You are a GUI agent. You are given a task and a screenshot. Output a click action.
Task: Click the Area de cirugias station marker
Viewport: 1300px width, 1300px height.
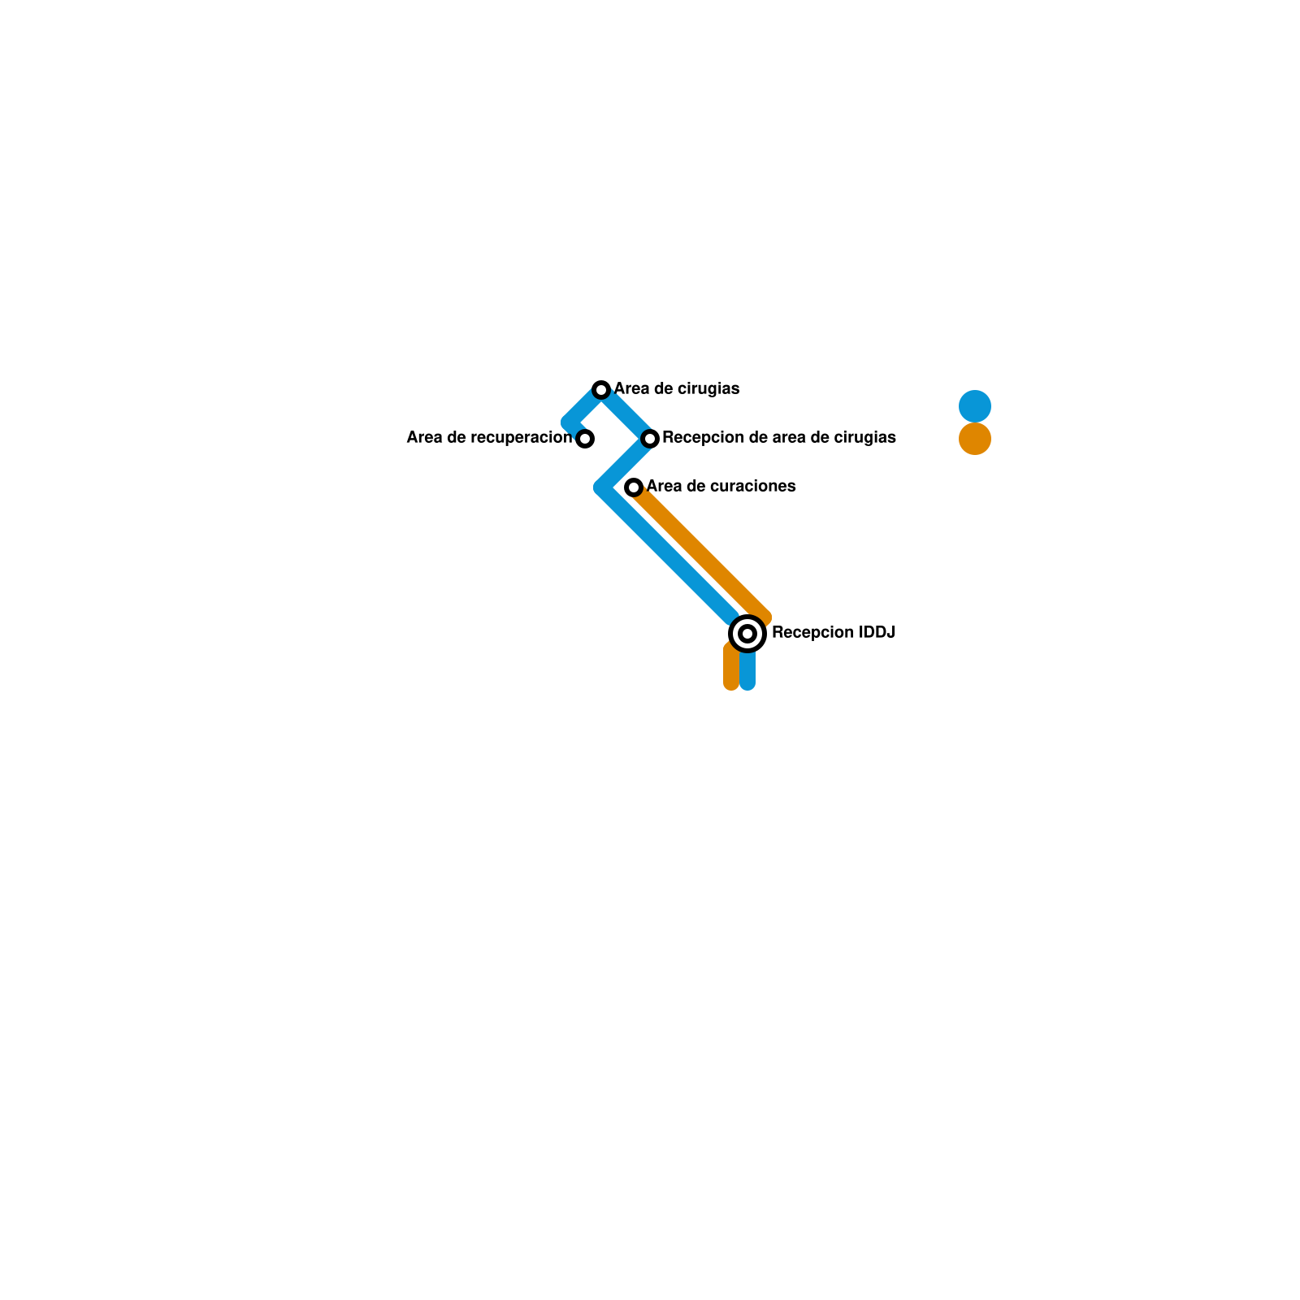point(601,390)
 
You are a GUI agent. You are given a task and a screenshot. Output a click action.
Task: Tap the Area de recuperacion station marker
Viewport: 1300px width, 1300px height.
point(585,439)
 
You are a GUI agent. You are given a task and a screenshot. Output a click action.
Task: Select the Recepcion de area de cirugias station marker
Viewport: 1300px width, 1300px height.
point(650,439)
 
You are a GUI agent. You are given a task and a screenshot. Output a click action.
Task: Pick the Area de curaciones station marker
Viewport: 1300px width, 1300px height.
point(634,487)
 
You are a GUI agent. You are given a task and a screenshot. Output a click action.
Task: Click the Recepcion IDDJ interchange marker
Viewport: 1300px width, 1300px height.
point(747,634)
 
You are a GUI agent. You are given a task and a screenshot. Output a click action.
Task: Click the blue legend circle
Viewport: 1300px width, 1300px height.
point(975,406)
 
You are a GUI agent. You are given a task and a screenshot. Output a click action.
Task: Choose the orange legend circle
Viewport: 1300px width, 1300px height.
point(975,439)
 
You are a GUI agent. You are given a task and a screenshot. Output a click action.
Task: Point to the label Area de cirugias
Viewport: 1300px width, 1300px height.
point(676,389)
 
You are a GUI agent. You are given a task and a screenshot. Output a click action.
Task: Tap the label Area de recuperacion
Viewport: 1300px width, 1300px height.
point(489,438)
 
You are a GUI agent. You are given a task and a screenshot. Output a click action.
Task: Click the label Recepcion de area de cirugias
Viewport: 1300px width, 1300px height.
point(778,438)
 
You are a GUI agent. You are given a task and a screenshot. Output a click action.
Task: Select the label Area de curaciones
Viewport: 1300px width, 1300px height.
point(721,487)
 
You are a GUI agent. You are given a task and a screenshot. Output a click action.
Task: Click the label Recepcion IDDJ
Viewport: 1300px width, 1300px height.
point(833,633)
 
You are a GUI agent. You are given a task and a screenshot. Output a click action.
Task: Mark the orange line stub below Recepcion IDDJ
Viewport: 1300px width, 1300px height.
point(731,670)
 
